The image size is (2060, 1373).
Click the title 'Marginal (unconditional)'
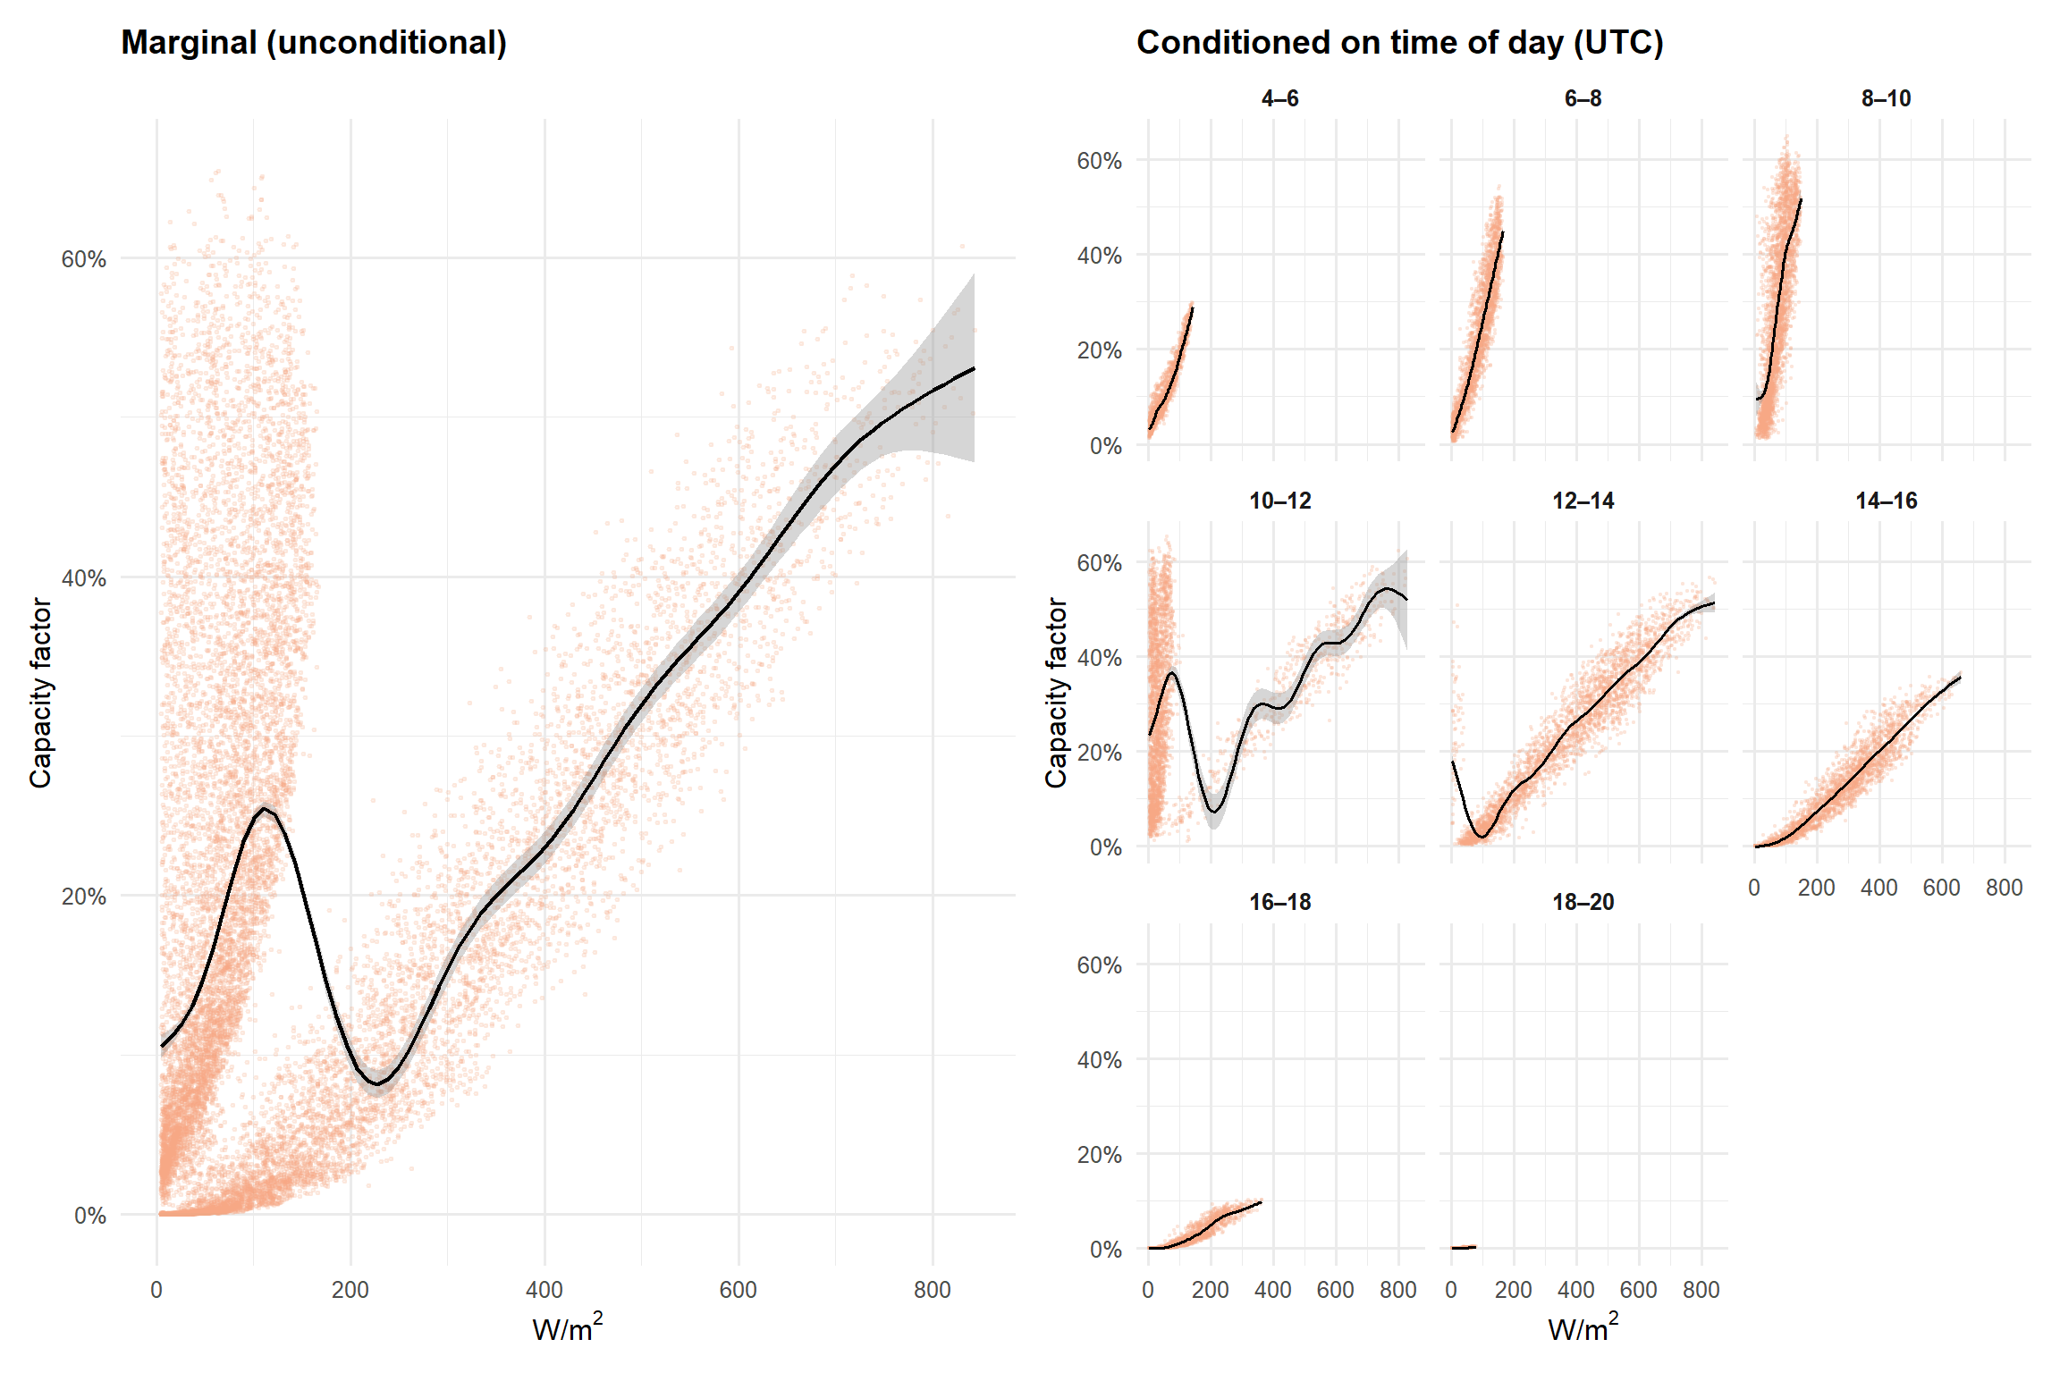click(314, 43)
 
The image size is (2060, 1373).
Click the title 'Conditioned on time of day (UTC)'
click(1399, 43)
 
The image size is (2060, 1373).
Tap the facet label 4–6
click(1279, 98)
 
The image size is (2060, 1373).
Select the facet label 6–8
click(1583, 98)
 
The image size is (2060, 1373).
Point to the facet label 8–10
click(1886, 98)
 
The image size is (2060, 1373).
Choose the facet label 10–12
click(1279, 501)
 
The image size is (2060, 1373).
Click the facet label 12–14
click(1583, 501)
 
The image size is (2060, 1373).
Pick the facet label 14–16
click(1886, 501)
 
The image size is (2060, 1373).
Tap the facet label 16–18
click(1279, 902)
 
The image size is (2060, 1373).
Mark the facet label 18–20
click(1583, 902)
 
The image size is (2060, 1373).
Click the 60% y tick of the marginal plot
click(83, 259)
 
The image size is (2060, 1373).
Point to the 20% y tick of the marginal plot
click(83, 897)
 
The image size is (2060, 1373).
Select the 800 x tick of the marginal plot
click(933, 1290)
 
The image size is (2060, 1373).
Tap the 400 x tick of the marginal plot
click(545, 1290)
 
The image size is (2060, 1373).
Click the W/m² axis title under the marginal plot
click(568, 1328)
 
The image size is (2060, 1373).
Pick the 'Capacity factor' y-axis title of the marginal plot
click(40, 693)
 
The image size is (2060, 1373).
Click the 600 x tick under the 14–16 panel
click(1941, 888)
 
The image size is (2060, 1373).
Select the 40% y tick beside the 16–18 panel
click(1099, 1060)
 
